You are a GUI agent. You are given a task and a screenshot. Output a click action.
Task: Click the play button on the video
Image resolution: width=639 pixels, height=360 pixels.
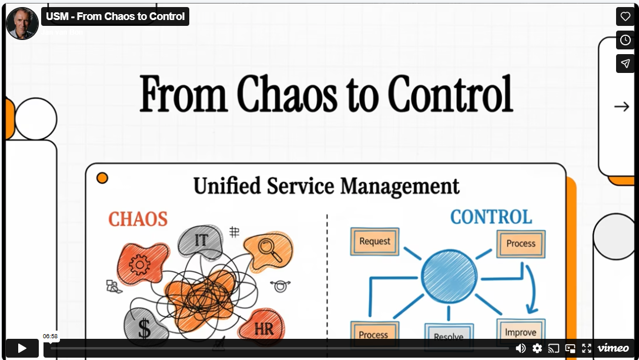coord(22,348)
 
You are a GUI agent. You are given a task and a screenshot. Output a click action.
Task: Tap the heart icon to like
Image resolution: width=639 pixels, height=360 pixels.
coord(625,17)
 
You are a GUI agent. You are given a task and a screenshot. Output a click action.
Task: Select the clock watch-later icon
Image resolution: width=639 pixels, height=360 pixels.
coord(625,40)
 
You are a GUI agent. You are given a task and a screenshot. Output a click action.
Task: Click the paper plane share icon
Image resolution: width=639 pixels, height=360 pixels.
coord(625,64)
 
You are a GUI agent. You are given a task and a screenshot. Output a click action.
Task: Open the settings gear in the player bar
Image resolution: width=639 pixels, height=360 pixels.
coord(537,348)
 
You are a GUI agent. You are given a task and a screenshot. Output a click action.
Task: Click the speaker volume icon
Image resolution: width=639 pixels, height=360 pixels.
coord(521,348)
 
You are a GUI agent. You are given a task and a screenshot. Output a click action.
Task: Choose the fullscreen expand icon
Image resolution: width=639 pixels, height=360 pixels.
coord(587,348)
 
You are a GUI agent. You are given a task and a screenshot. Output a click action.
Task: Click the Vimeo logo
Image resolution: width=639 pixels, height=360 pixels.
coord(613,348)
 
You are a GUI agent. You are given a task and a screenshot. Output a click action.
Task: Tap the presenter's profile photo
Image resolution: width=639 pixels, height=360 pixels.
coord(22,23)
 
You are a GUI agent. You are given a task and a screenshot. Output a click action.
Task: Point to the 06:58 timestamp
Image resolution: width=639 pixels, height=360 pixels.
coord(50,336)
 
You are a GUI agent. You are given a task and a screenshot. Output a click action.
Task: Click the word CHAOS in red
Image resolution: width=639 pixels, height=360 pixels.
coord(138,219)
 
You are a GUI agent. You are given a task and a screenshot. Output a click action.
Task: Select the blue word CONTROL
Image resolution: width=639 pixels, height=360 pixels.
coord(491,216)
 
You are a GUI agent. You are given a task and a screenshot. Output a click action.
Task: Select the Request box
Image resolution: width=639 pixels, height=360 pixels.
coord(374,241)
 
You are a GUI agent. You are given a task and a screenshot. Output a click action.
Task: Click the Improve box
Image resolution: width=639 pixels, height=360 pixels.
coord(520,332)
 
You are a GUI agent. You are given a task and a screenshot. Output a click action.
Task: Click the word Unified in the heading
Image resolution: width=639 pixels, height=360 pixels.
coord(227,186)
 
